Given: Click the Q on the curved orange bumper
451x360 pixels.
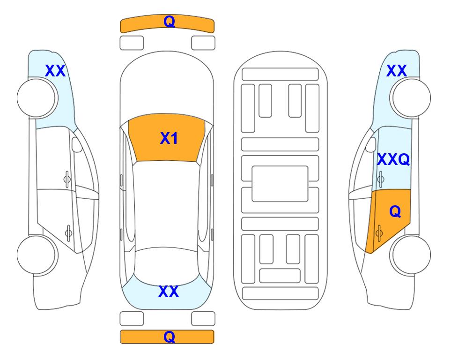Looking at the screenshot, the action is (x=169, y=21).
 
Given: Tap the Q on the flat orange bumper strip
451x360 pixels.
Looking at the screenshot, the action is (x=169, y=337).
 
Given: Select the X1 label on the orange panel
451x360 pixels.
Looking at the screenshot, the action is (x=169, y=138).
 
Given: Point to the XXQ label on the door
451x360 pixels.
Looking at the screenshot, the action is (x=393, y=159).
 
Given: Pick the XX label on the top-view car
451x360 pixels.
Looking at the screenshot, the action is (x=169, y=292).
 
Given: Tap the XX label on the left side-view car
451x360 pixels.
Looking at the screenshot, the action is (x=55, y=71).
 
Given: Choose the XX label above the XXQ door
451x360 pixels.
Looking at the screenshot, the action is (x=396, y=71).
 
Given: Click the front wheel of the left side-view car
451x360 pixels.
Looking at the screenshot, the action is (x=37, y=98).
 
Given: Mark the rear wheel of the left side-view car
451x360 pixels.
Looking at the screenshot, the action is (x=37, y=255).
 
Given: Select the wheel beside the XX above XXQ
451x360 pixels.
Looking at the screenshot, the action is (x=410, y=98).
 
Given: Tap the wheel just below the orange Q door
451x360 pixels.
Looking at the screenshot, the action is (x=410, y=255).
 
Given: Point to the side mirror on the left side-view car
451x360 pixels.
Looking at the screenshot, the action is (x=77, y=144).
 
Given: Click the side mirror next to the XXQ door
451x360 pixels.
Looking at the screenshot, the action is (x=371, y=144).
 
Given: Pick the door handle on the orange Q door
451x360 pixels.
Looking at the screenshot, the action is (x=379, y=233).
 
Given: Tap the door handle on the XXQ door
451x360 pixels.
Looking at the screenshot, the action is (x=381, y=179).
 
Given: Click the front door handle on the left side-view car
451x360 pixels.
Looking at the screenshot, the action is (x=67, y=179).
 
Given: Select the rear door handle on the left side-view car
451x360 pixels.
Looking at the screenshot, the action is (x=68, y=232).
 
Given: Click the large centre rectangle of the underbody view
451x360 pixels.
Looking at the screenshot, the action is (x=280, y=184).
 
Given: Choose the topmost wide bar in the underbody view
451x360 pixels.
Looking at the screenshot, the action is (x=280, y=75).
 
